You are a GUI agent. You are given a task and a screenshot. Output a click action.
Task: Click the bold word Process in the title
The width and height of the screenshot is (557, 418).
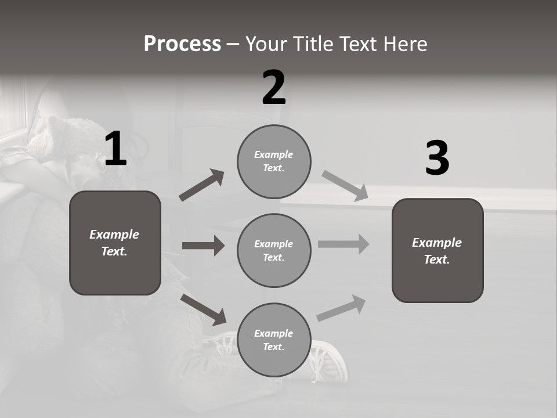click(182, 44)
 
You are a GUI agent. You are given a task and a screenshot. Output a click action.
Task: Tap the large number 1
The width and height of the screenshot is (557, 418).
click(115, 149)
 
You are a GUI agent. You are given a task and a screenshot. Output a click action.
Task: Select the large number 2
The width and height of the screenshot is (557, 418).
click(274, 88)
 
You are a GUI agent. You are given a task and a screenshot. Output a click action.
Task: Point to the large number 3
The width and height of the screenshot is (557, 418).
click(437, 158)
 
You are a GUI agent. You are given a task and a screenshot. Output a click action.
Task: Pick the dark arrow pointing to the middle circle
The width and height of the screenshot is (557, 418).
click(203, 246)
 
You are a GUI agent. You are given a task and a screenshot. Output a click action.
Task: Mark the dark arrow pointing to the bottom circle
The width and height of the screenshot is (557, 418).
click(204, 309)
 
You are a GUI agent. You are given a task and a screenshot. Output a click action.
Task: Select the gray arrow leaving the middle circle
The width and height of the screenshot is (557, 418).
click(343, 244)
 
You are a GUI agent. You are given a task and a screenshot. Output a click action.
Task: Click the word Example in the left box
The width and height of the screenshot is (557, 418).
click(114, 235)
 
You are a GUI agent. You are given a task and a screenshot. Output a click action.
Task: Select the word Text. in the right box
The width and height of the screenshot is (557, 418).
click(437, 260)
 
